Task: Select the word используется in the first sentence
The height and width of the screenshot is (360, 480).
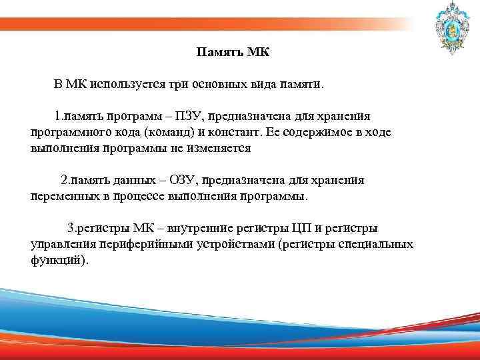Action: click(125, 85)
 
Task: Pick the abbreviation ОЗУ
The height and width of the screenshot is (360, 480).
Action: click(181, 180)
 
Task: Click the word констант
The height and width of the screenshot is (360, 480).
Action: click(229, 132)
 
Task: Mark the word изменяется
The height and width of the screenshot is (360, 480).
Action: click(219, 148)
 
